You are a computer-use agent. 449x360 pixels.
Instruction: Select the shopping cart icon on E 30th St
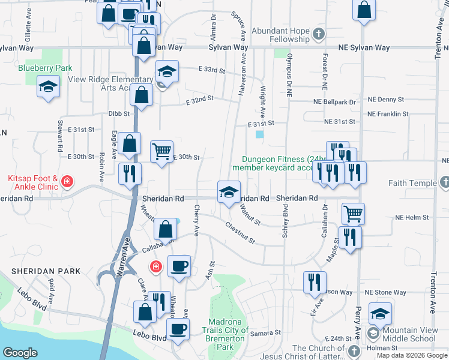click(x=161, y=152)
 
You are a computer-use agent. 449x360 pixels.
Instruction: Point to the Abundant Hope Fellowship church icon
click(x=319, y=34)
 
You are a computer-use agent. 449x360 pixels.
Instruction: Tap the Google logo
click(x=20, y=352)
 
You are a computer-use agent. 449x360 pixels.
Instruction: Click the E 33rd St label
click(x=211, y=70)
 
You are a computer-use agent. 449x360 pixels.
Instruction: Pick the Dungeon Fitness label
click(x=274, y=160)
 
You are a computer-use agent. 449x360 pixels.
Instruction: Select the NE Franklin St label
click(x=388, y=113)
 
